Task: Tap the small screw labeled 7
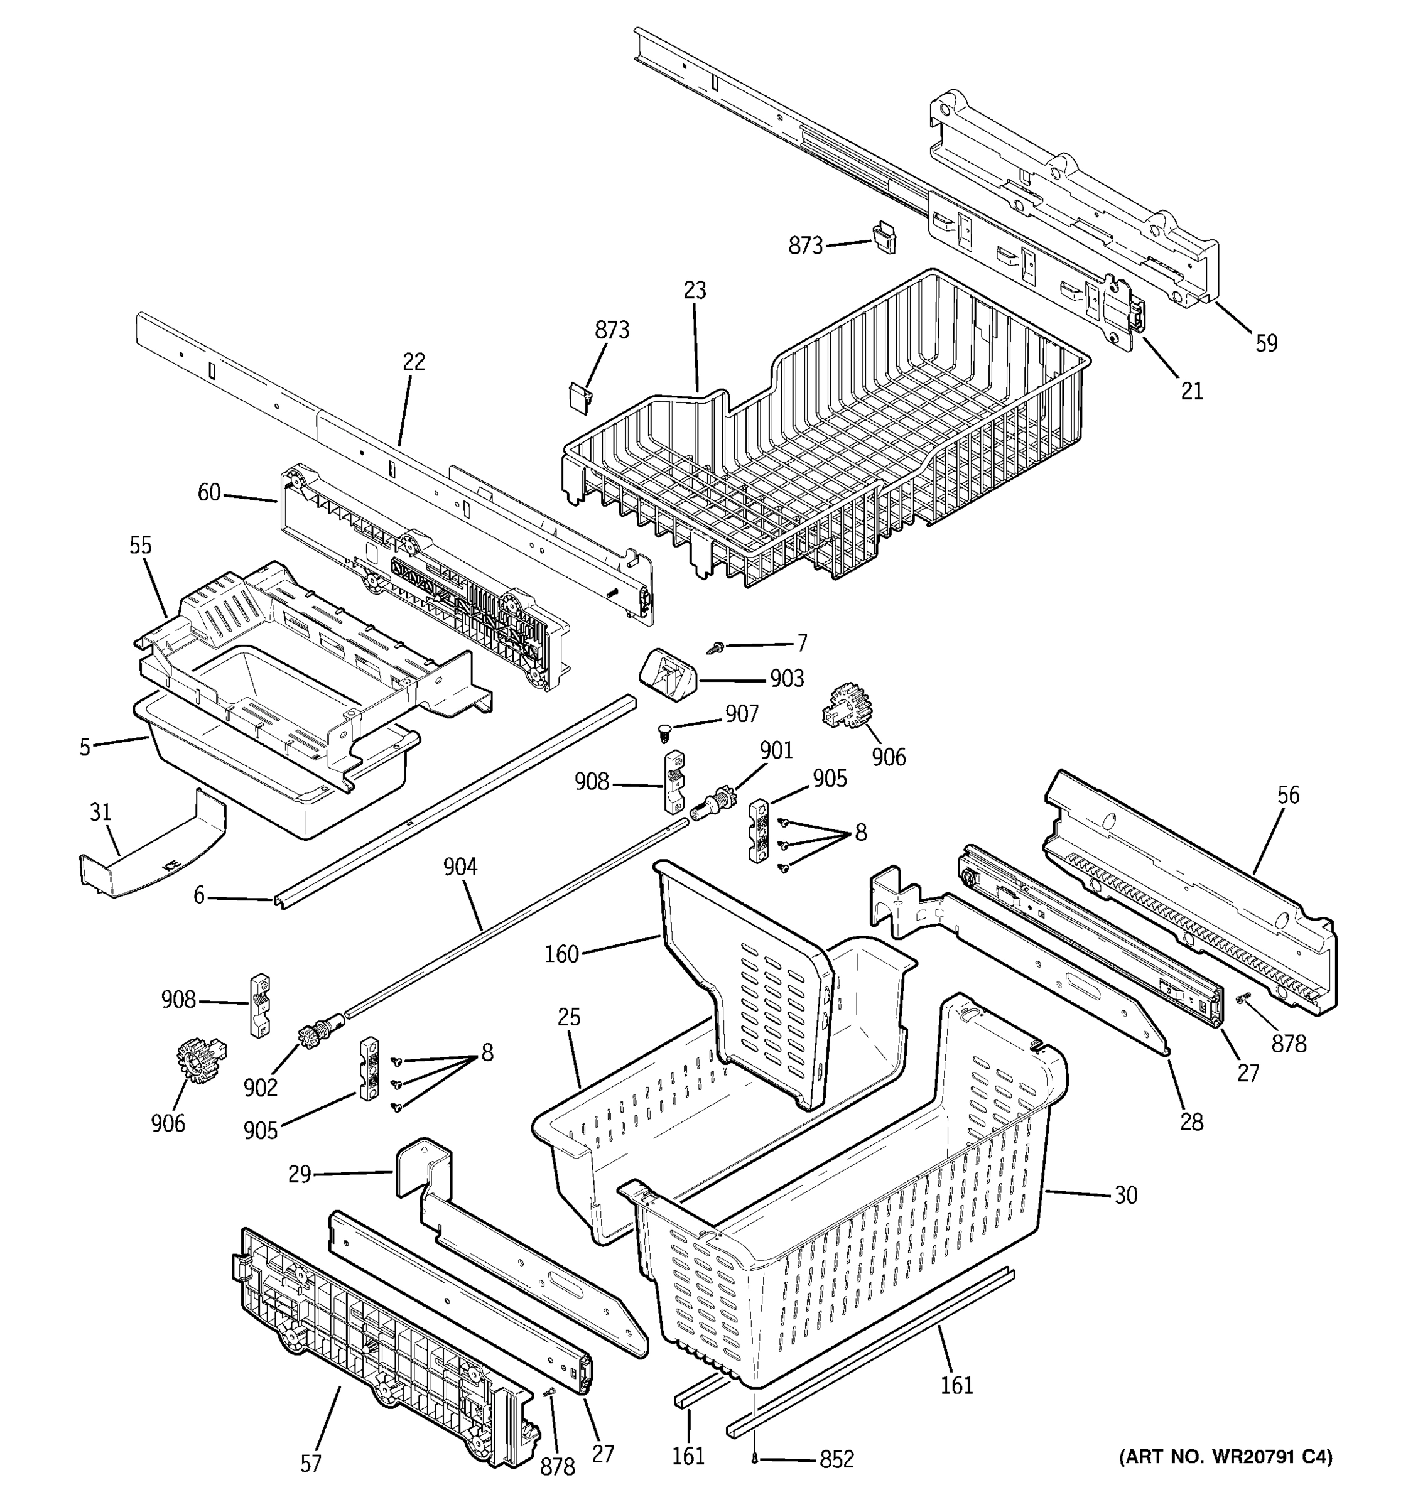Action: point(715,647)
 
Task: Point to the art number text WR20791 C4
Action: point(1226,1456)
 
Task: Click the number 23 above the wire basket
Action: point(695,290)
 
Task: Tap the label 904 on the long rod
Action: point(460,867)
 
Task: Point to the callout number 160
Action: point(561,954)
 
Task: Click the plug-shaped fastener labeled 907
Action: point(664,732)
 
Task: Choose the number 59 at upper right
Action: point(1267,343)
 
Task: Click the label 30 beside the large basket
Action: point(1126,1196)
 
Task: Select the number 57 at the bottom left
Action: point(311,1464)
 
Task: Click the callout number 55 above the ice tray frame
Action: point(140,545)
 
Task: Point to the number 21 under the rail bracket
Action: point(1192,391)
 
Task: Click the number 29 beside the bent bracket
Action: point(300,1174)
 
